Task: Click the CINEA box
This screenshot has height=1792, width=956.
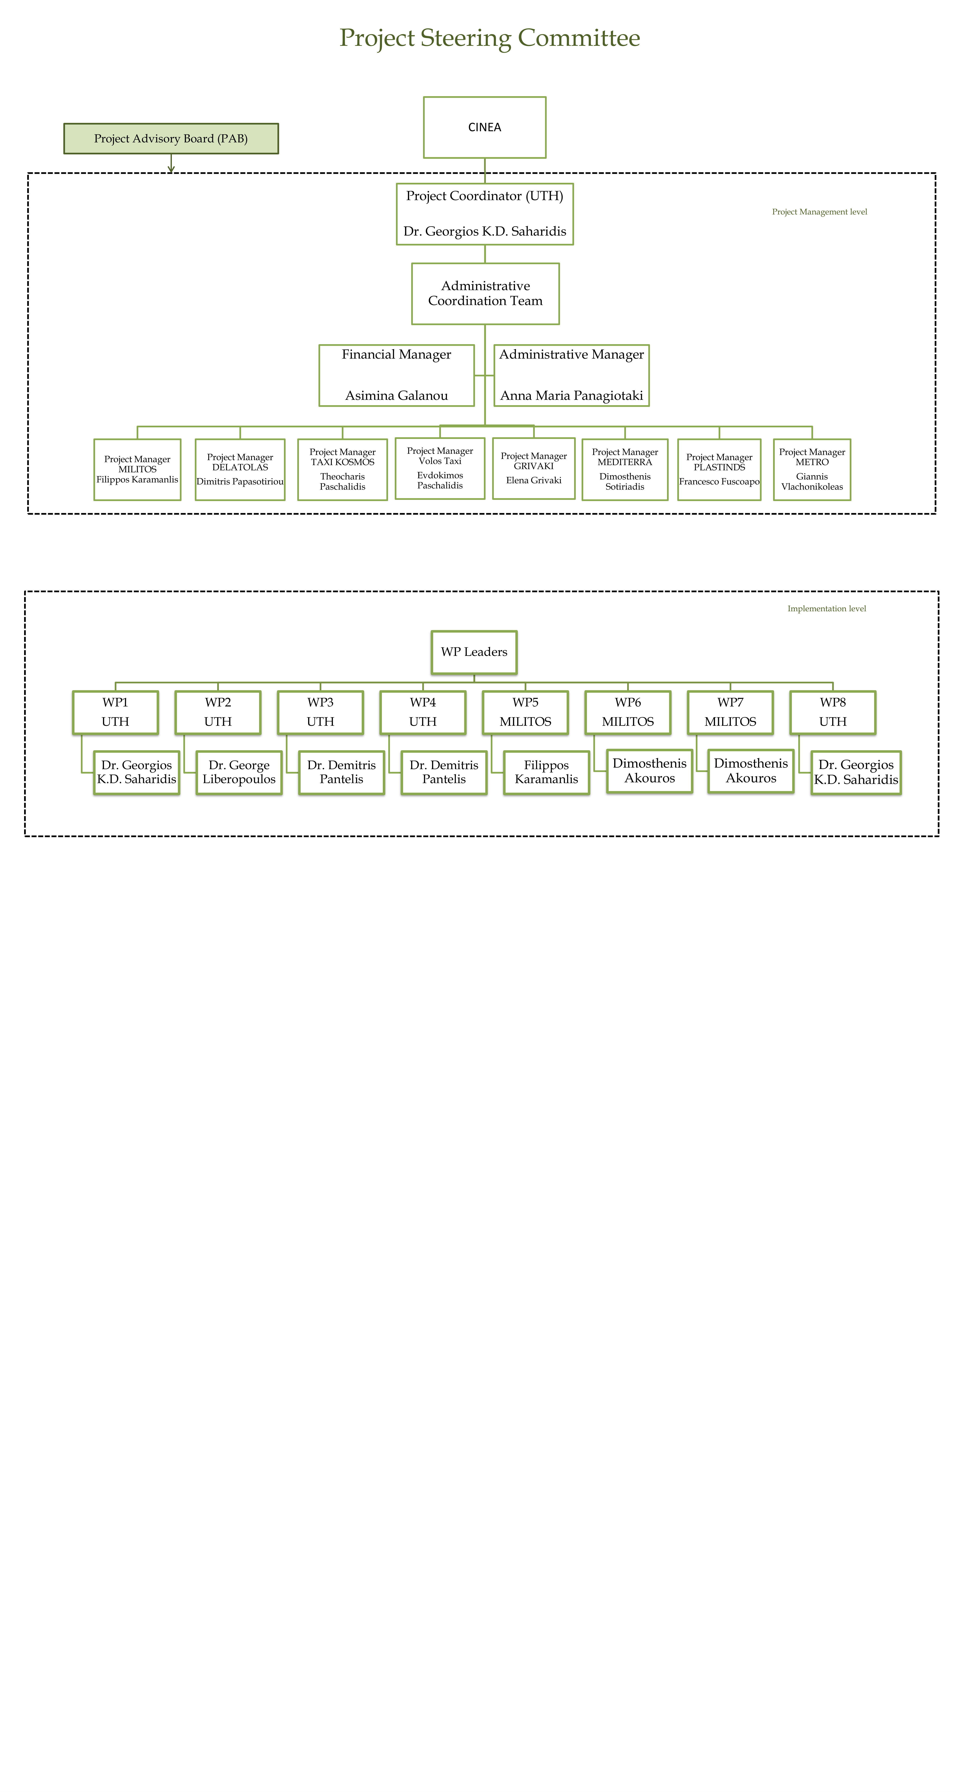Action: tap(484, 127)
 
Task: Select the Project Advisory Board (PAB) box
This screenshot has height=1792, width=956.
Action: tap(170, 138)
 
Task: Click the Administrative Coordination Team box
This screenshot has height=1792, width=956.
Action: tap(485, 293)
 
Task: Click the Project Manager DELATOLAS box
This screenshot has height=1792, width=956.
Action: tap(240, 470)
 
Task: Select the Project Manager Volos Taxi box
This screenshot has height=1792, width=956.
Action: tap(440, 468)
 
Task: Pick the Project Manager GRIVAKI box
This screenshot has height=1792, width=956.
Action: tap(534, 468)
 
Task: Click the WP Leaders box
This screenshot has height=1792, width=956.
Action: tap(474, 652)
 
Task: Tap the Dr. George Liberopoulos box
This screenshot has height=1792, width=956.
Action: tap(239, 772)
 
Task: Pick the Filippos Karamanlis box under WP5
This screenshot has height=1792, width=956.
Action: tap(546, 772)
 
